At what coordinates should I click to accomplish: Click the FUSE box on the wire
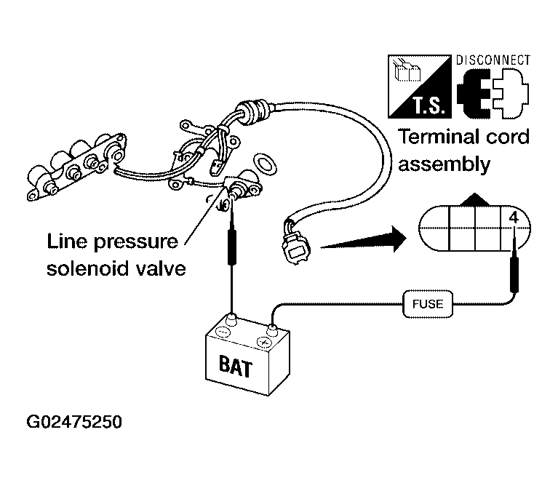coord(427,304)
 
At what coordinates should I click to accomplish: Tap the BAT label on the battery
coord(236,366)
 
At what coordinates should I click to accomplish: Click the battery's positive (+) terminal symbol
coord(264,342)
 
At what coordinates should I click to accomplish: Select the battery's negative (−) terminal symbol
coord(223,332)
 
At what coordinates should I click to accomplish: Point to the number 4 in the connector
coord(514,217)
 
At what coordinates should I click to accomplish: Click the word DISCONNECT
coord(493,60)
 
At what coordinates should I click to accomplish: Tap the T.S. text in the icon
coord(429,105)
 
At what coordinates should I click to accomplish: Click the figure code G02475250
coord(74,422)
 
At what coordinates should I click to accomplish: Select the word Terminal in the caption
coord(438,137)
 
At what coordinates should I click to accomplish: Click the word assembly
coord(444,165)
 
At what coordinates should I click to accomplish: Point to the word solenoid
coord(87,268)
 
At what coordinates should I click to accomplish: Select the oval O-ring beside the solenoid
coord(265,164)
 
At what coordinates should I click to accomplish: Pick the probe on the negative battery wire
coord(231,247)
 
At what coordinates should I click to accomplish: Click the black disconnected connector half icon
coord(474,94)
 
